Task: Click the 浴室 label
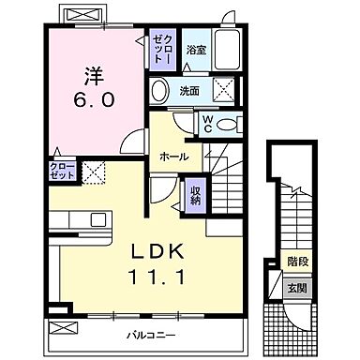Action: click(195, 49)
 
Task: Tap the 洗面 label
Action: click(190, 92)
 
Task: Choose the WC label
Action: click(208, 125)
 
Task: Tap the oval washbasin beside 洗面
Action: click(161, 92)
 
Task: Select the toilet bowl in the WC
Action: click(231, 123)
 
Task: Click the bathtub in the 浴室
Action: click(230, 48)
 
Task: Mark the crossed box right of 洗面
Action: click(226, 91)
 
